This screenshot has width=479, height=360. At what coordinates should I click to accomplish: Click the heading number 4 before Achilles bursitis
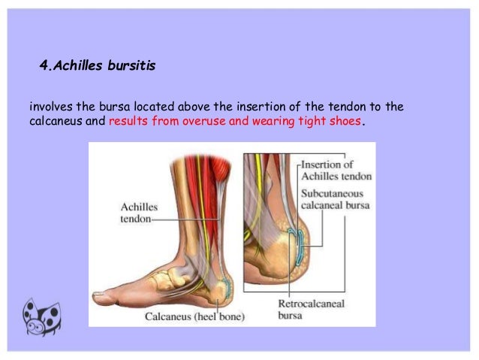coord(43,67)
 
